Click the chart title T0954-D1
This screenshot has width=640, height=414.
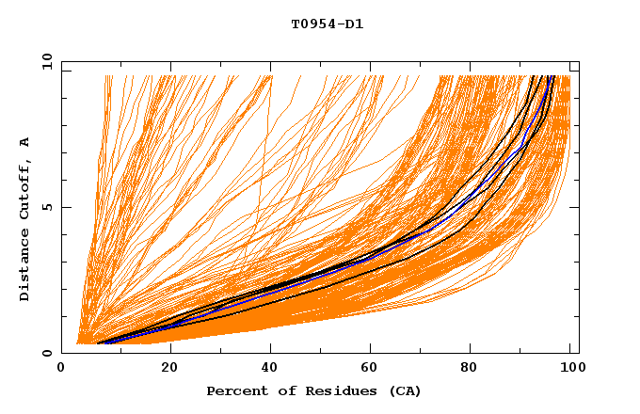coord(327,24)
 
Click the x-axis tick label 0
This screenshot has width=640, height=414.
coord(62,369)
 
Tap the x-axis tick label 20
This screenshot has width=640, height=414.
coord(169,369)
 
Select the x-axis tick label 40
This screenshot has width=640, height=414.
coord(271,369)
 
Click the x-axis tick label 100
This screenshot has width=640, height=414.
coord(570,369)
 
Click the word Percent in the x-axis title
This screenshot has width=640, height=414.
coord(233,391)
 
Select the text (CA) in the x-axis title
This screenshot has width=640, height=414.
coord(404,391)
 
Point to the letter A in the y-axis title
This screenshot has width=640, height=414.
coord(25,142)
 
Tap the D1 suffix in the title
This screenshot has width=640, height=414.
coord(355,24)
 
